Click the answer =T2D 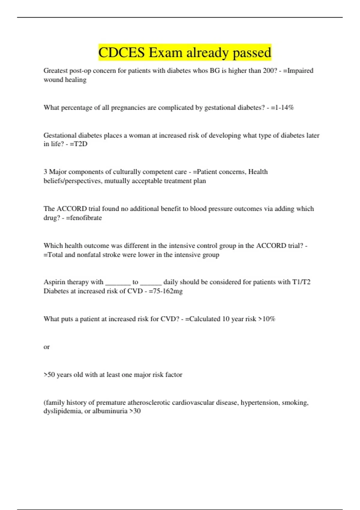pyautogui.click(x=79, y=144)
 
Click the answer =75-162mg pyautogui.click(x=166, y=291)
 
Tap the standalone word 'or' pyautogui.click(x=46, y=347)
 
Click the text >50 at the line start pyautogui.click(x=49, y=375)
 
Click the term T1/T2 pyautogui.click(x=301, y=282)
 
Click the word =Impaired pyautogui.click(x=298, y=70)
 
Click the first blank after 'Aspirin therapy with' pyautogui.click(x=118, y=283)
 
